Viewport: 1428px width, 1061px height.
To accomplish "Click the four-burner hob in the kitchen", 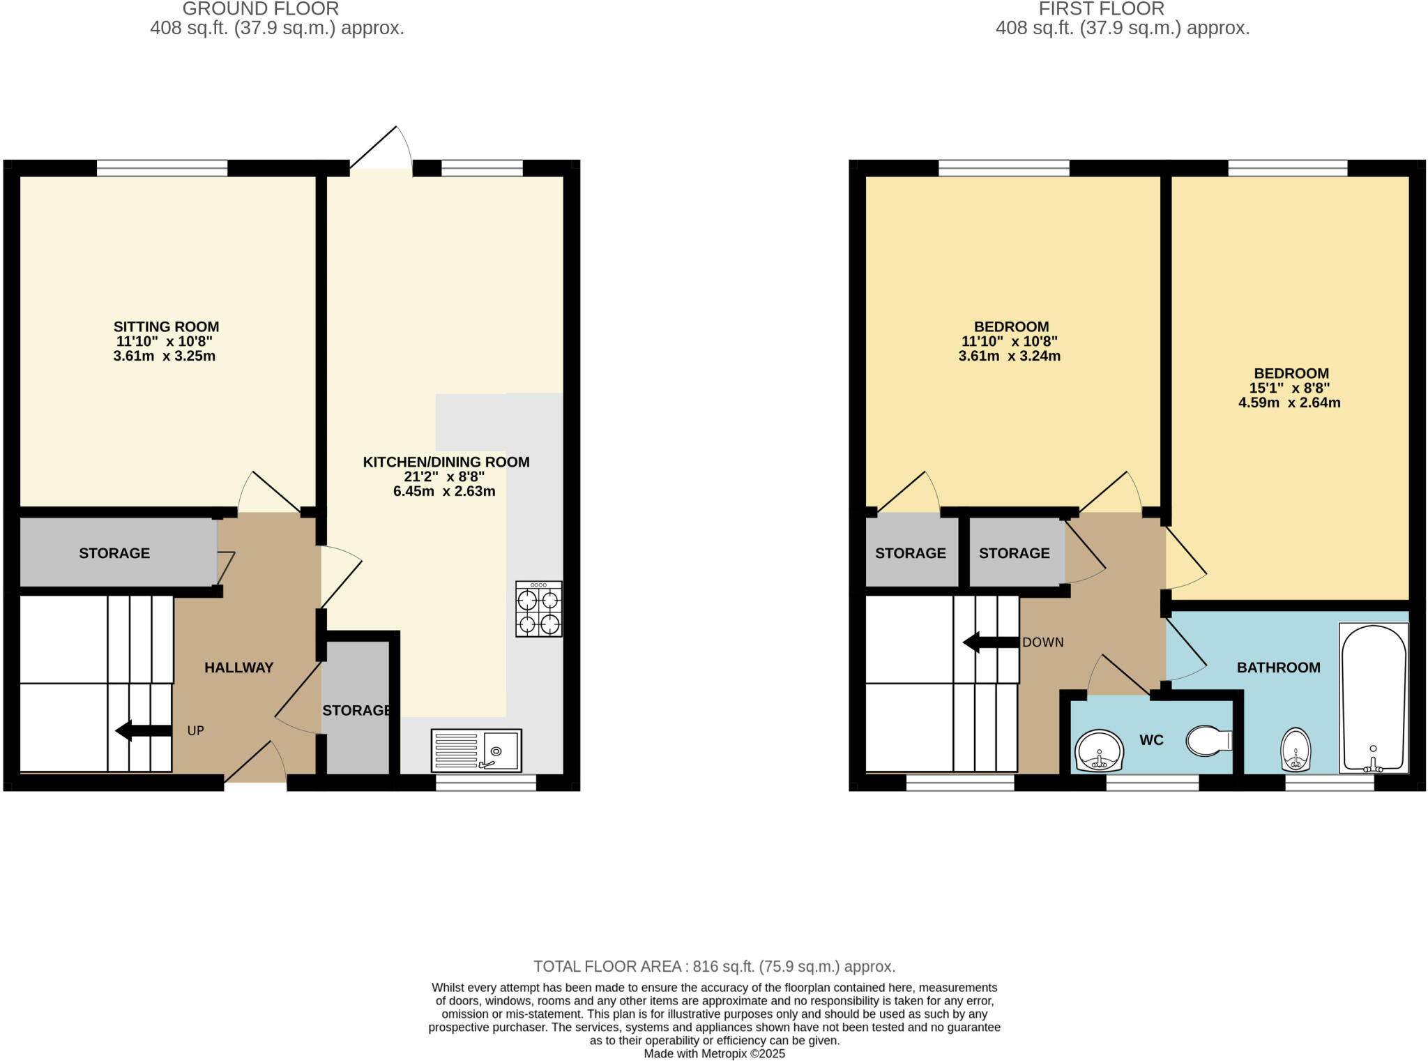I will pos(539,609).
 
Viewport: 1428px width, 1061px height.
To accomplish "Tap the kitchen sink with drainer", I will pos(476,750).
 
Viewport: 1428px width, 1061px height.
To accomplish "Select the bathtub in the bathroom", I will pos(1373,698).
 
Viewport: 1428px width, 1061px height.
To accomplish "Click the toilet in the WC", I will pos(1209,740).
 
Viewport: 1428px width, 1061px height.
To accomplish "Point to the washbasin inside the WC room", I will pos(1099,751).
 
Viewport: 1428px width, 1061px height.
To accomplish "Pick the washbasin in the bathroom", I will pos(1296,750).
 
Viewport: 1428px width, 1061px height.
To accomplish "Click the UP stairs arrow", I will pos(143,730).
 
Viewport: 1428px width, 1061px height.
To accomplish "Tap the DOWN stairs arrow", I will pos(990,642).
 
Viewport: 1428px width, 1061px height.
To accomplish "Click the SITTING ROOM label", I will pos(166,326).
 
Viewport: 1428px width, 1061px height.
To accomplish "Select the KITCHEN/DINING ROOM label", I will pos(446,462).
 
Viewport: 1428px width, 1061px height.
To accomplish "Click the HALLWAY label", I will pos(238,668).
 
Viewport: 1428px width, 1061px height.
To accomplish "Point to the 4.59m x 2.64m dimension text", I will pos(1289,402).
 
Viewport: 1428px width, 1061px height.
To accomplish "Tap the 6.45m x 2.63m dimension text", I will pos(444,491).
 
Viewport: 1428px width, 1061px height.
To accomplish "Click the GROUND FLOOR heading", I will pos(260,9).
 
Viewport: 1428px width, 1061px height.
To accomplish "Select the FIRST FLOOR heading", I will pos(1101,9).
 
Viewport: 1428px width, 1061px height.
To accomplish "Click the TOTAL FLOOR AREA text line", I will pos(714,966).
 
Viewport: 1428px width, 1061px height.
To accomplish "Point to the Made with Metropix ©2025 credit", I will pos(714,1053).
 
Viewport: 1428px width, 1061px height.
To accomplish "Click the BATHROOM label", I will pos(1278,668).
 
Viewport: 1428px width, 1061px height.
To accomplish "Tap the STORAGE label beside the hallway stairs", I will pos(114,553).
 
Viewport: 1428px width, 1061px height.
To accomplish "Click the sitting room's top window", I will pos(162,168).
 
